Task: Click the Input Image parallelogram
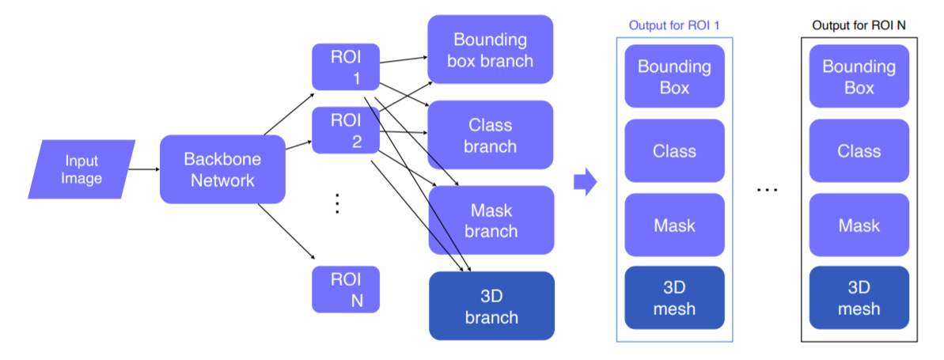pyautogui.click(x=82, y=169)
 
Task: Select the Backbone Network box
pyautogui.click(x=222, y=169)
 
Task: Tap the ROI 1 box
pyautogui.click(x=346, y=66)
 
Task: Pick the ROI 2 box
pyautogui.click(x=346, y=131)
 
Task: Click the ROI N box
pyautogui.click(x=346, y=289)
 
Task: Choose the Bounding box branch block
pyautogui.click(x=490, y=49)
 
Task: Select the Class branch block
pyautogui.click(x=490, y=135)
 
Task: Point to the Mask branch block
pyautogui.click(x=490, y=220)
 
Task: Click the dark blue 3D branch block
pyautogui.click(x=490, y=306)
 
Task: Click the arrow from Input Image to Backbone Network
pyautogui.click(x=143, y=169)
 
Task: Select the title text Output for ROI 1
pyautogui.click(x=674, y=25)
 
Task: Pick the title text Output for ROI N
pyautogui.click(x=859, y=25)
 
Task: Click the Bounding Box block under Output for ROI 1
pyautogui.click(x=674, y=76)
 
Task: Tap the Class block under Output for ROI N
pyautogui.click(x=859, y=150)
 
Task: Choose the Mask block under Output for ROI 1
pyautogui.click(x=674, y=225)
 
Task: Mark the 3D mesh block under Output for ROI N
pyautogui.click(x=859, y=297)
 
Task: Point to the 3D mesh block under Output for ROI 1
pyautogui.click(x=674, y=297)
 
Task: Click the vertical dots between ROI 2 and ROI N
pyautogui.click(x=336, y=203)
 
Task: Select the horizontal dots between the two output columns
pyautogui.click(x=767, y=191)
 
